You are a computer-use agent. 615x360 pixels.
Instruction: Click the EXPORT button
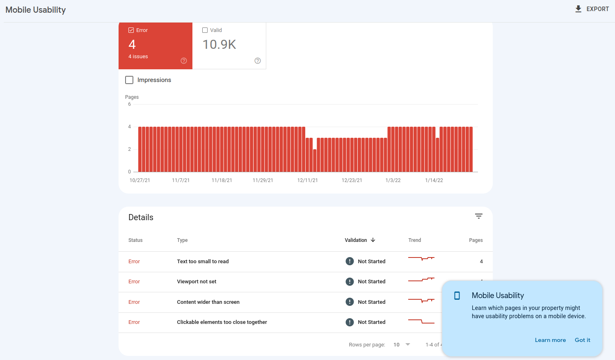[x=592, y=9]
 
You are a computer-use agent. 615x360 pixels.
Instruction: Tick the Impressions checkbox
[x=129, y=80]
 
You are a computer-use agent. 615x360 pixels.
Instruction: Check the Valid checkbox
[x=205, y=30]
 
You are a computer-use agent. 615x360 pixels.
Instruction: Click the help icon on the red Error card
[x=184, y=61]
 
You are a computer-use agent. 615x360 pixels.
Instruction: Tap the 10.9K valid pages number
[x=219, y=45]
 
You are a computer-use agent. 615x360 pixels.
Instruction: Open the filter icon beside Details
[x=478, y=216]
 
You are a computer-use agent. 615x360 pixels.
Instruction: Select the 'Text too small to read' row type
[x=203, y=262]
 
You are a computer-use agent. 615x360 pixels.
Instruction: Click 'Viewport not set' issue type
[x=197, y=282]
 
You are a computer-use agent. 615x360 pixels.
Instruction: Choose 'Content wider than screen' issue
[x=208, y=302]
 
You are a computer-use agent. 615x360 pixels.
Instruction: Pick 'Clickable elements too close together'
[x=222, y=322]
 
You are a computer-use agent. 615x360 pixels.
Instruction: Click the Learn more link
[x=550, y=340]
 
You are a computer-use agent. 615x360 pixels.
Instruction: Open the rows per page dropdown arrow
[x=408, y=344]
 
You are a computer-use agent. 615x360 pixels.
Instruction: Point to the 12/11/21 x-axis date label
[x=307, y=180]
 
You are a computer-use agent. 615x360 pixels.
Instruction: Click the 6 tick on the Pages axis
[x=130, y=104]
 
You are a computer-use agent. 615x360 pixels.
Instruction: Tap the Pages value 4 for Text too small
[x=481, y=262]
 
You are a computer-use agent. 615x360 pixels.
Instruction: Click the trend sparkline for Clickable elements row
[x=421, y=321]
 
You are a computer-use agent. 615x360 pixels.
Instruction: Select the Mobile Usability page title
[x=36, y=10]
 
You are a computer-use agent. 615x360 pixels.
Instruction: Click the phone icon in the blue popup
[x=457, y=296]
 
